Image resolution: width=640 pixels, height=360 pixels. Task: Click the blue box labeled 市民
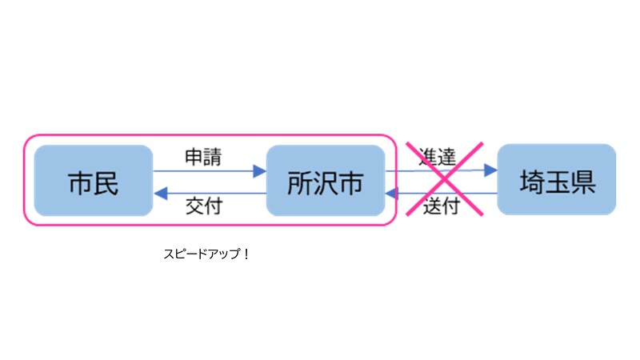coord(94,181)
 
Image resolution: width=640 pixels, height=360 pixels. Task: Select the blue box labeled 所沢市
coord(325,181)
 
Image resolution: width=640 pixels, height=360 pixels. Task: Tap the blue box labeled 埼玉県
coord(556,180)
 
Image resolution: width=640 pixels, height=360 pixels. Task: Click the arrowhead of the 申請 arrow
coord(259,170)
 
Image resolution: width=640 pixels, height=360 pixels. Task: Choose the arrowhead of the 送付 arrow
coord(392,193)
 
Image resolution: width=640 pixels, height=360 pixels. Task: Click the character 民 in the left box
coord(106,182)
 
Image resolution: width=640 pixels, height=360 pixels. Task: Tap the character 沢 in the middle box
coord(325,182)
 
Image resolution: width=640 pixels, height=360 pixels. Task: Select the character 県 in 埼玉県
coord(582,182)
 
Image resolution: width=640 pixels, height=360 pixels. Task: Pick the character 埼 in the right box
coord(530,182)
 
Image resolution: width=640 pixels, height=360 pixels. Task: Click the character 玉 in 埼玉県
coord(556,182)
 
